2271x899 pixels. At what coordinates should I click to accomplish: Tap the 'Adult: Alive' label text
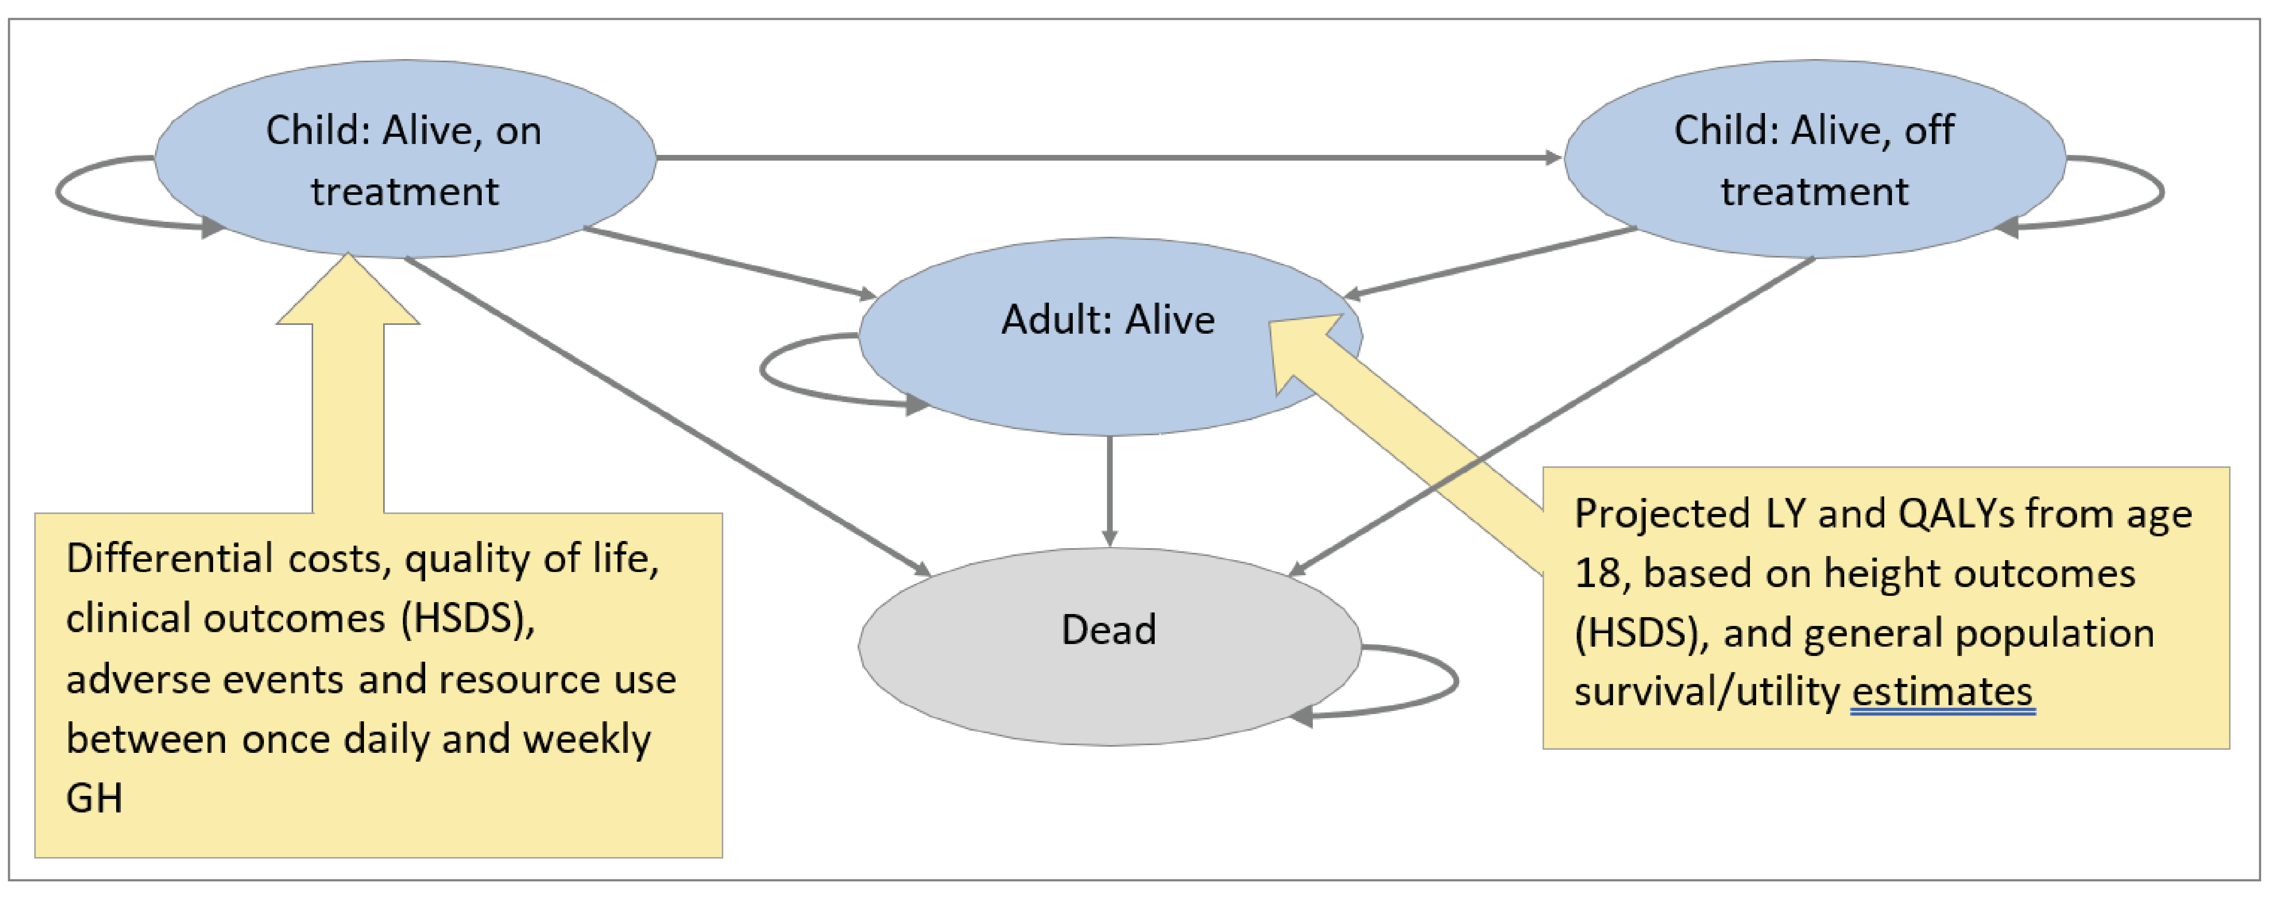coord(1108,320)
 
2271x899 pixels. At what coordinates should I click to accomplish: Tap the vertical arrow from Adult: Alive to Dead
coord(1109,489)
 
